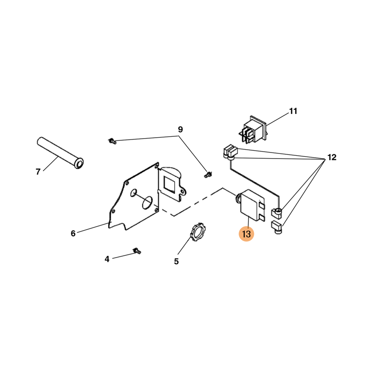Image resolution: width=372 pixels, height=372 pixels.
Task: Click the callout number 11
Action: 293,111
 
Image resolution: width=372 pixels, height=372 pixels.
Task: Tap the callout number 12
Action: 332,157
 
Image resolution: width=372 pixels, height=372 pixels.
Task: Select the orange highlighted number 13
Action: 246,234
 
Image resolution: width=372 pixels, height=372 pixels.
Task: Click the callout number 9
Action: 180,130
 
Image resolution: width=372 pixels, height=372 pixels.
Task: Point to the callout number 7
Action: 38,172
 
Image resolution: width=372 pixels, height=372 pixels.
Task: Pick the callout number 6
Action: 73,233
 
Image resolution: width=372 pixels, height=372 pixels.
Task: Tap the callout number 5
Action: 176,261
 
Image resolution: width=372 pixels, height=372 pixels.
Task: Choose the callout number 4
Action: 107,259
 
